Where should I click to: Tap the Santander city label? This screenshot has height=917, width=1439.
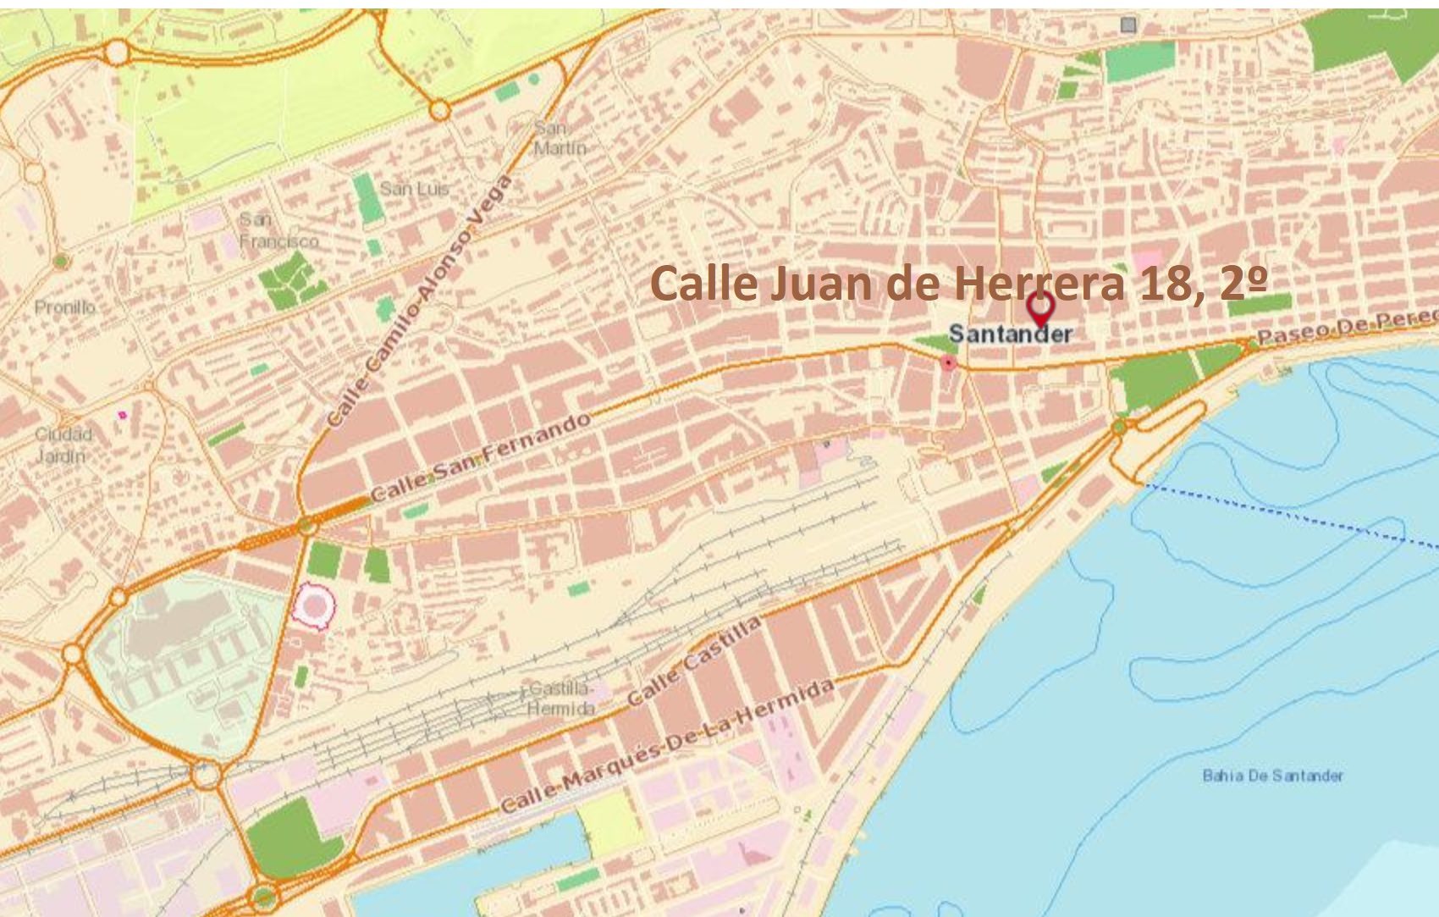point(1010,334)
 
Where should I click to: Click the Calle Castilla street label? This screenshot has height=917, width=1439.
point(694,662)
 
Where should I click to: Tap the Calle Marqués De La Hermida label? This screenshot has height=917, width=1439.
point(668,745)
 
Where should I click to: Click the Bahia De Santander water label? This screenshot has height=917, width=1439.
point(1271,776)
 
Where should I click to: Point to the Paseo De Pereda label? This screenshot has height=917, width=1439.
point(1346,328)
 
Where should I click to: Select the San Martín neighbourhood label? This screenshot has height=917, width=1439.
point(560,138)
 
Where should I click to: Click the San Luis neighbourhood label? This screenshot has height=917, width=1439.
point(414,188)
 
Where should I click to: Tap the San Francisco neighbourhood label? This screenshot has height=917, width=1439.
point(278,230)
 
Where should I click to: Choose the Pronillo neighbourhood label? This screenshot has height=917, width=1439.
point(65,307)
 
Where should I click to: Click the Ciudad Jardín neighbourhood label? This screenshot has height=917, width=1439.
point(63,445)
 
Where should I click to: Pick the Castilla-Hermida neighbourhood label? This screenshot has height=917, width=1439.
point(560,699)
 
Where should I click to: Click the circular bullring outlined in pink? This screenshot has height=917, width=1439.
point(314,606)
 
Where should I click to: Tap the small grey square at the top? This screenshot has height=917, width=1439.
point(1127,25)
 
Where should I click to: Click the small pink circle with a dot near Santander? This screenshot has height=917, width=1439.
point(949,363)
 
